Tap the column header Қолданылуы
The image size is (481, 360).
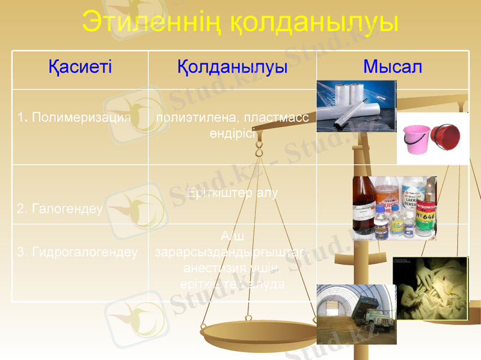click(232, 67)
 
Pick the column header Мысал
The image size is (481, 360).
click(393, 67)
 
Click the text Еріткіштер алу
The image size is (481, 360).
click(232, 194)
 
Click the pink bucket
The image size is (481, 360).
click(415, 138)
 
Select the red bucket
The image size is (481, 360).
click(446, 138)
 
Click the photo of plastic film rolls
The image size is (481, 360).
click(355, 106)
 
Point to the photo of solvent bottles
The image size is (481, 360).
click(394, 207)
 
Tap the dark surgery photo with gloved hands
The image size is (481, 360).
click(430, 279)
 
